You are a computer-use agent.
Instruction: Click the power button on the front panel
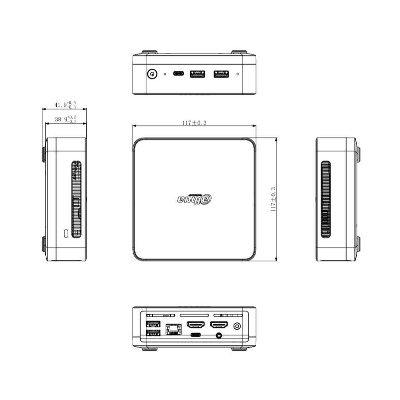(152, 74)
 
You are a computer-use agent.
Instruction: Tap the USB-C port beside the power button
(179, 73)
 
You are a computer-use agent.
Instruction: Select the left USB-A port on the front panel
(197, 74)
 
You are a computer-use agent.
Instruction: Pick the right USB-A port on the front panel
(221, 74)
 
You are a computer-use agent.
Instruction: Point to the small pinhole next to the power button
(165, 74)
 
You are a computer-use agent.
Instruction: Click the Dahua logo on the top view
(195, 199)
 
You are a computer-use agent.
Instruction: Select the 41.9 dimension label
(65, 105)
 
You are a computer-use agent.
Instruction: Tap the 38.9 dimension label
(66, 119)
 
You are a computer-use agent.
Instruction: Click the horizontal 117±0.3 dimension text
(194, 123)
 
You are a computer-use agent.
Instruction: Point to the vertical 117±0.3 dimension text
(273, 199)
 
